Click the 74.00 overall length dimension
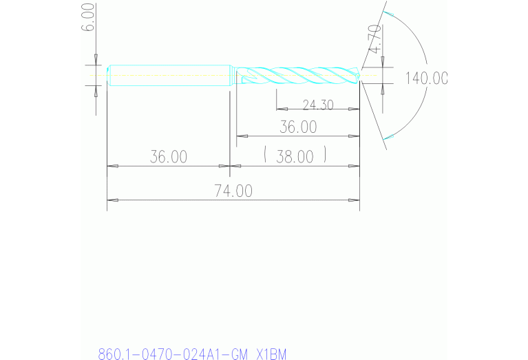pyautogui.click(x=233, y=191)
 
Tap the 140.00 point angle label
pyautogui.click(x=426, y=78)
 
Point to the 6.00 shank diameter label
pyautogui.click(x=87, y=15)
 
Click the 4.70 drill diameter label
pyautogui.click(x=374, y=39)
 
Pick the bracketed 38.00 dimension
pyautogui.click(x=295, y=156)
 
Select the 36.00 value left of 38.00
pyautogui.click(x=169, y=156)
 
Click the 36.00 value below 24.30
pyautogui.click(x=297, y=127)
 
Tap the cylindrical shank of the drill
pyautogui.click(x=169, y=75)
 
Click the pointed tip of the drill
pyautogui.click(x=360, y=75)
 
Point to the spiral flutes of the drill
pyautogui.click(x=296, y=75)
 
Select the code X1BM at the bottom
pyautogui.click(x=271, y=354)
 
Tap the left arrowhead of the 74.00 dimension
pyautogui.click(x=112, y=200)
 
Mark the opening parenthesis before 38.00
pyautogui.click(x=265, y=156)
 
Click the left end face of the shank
pyautogui.click(x=109, y=75)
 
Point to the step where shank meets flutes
pyautogui.click(x=232, y=75)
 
